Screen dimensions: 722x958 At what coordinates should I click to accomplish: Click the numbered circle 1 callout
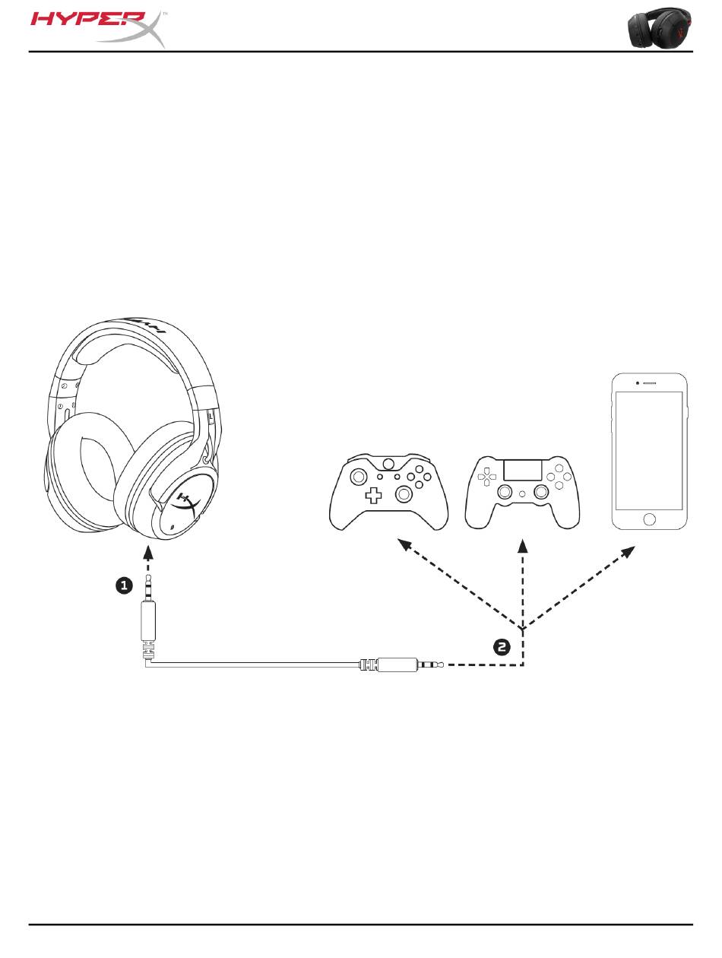click(x=124, y=585)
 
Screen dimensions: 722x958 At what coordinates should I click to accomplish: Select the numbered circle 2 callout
click(x=502, y=647)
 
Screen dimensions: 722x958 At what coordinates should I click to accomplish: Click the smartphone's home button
click(x=649, y=519)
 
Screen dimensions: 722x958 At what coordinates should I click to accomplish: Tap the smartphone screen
click(x=649, y=450)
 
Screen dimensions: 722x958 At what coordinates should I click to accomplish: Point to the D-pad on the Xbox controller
click(x=373, y=496)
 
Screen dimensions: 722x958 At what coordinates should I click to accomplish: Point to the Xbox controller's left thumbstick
click(x=356, y=477)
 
